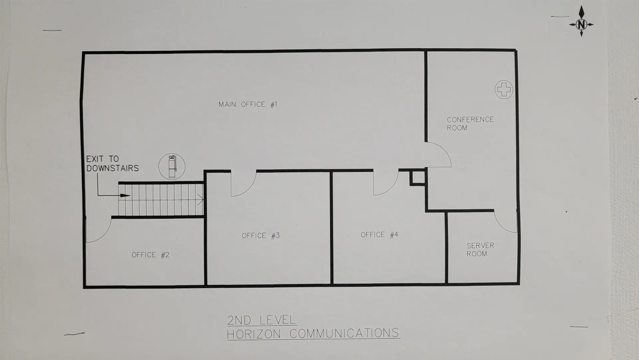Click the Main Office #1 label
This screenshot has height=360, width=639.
pos(248,105)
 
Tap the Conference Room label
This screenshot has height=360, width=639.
pos(470,124)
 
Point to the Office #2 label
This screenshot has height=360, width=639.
pos(150,255)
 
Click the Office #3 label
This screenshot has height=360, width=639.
pos(261,236)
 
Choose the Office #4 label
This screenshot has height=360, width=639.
pos(379,235)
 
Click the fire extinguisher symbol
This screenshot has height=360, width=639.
pos(172,167)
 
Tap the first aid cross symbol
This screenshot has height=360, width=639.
pos(504,89)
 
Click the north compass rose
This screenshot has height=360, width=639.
pos(581,24)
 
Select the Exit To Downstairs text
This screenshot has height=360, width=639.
pos(112,164)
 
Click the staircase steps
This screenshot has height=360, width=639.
pos(161,200)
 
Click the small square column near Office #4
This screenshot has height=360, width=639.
pos(417,178)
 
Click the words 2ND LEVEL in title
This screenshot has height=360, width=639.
pos(262,320)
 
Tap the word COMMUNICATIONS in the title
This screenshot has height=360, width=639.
pos(344,333)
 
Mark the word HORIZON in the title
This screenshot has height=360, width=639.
pos(254,334)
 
